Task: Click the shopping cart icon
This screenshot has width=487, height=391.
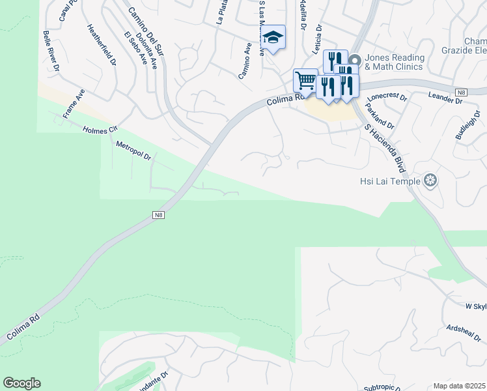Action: click(305, 81)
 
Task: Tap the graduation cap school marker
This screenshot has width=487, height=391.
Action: click(274, 38)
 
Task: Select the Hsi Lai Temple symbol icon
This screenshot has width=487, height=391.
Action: click(430, 180)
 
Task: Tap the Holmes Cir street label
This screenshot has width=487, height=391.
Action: click(99, 130)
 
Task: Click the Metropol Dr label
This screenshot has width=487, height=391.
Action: click(133, 151)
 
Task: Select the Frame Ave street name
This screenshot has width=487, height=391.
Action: click(74, 104)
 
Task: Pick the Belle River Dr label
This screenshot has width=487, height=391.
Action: click(51, 50)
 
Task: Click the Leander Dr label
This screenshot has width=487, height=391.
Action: click(445, 98)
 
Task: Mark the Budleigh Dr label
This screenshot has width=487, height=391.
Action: click(467, 124)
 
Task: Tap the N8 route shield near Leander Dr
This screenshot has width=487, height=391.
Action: click(462, 93)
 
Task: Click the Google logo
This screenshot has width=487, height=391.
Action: click(21, 383)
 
